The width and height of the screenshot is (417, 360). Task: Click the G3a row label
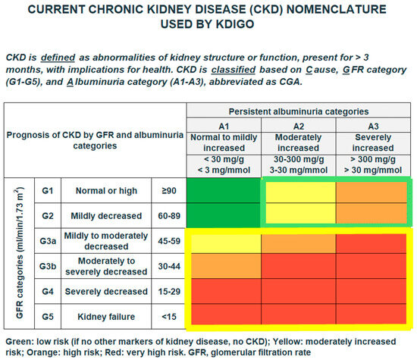48,241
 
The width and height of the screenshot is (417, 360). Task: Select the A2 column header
299,126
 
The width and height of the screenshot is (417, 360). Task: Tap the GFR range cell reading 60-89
169,216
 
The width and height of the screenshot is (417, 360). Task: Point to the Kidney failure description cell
106,316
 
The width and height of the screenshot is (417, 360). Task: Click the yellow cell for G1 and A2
300,192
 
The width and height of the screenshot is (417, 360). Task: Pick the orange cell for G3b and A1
226,266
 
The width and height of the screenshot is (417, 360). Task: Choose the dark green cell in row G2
224,215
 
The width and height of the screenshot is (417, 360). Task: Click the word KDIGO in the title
235,24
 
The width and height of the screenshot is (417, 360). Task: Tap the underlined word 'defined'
58,58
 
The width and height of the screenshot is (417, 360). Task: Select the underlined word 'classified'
234,70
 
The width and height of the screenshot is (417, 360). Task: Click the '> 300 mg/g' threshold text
373,159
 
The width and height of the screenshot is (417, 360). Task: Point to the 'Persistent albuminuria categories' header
299,111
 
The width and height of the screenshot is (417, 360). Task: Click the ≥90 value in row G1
169,191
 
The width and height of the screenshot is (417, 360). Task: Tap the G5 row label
48,316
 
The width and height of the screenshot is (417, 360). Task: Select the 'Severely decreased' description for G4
106,291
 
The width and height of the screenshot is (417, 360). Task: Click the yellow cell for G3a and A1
226,244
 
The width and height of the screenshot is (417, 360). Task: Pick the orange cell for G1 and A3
372,192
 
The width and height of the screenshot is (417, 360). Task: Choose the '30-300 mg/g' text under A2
299,159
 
